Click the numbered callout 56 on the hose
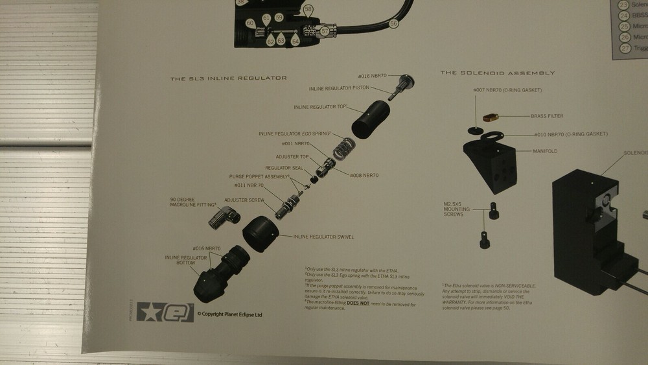point(393,23)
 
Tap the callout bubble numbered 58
point(308,9)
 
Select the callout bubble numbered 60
point(250,23)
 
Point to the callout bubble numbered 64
point(295,40)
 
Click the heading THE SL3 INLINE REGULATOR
point(228,78)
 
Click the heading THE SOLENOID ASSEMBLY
point(497,73)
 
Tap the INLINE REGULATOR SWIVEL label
point(323,237)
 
